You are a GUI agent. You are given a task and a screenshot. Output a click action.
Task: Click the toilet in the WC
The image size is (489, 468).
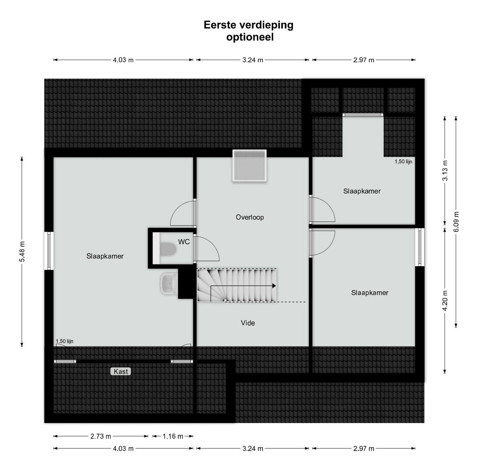(x=168, y=249)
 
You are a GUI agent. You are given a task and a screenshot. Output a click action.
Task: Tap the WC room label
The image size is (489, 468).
(x=184, y=242)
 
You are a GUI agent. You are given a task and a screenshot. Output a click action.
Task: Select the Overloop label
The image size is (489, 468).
(x=250, y=217)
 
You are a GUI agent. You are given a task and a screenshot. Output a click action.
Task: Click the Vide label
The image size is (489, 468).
(x=248, y=323)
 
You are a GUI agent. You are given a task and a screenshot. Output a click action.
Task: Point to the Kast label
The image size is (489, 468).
(x=121, y=372)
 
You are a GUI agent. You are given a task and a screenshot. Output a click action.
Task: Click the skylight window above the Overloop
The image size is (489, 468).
(x=249, y=166)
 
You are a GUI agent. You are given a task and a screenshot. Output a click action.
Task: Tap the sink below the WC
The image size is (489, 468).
(x=169, y=283)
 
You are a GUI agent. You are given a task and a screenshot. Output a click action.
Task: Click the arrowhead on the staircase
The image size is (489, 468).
(x=274, y=286)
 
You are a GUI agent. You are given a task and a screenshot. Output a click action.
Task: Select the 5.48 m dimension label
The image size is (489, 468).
(x=22, y=252)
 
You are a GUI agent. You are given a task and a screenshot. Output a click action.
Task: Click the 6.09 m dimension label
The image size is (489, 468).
(x=456, y=222)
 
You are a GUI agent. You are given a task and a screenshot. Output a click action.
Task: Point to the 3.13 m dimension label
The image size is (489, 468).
(x=445, y=171)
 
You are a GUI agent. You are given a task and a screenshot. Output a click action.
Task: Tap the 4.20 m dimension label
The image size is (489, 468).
(x=445, y=300)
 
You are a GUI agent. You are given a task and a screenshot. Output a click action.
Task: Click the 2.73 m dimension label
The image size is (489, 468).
(x=101, y=436)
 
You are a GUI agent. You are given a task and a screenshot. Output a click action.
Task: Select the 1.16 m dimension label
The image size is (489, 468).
(x=173, y=436)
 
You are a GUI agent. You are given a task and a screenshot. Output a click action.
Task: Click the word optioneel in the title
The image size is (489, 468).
(x=250, y=37)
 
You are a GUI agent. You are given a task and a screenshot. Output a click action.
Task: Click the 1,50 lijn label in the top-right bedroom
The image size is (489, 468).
(x=403, y=162)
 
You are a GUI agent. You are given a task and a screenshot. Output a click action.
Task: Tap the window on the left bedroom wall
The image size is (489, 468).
(x=49, y=251)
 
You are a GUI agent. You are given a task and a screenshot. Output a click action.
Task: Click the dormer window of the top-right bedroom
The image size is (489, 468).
(x=363, y=115)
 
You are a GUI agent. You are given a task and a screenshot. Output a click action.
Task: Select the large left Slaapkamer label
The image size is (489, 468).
(x=105, y=256)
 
